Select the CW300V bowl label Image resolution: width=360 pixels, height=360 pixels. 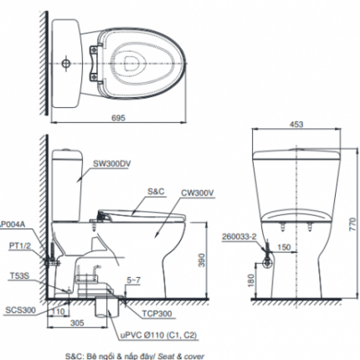point(196,192)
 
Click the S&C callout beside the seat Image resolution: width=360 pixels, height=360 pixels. point(156,192)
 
